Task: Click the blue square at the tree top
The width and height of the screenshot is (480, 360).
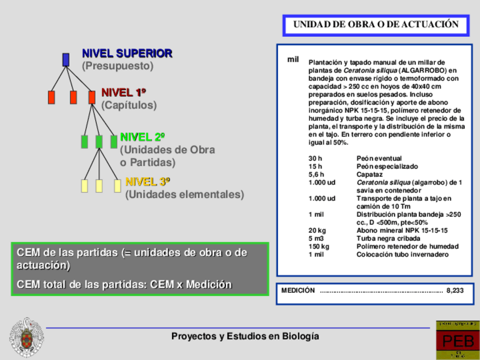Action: pos(66,59)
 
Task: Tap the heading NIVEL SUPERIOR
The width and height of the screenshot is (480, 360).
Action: pos(127,53)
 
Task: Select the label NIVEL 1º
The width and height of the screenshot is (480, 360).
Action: pos(124,92)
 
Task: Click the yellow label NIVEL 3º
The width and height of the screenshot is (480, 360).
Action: pos(148,182)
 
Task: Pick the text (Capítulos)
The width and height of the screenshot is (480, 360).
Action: pos(129,105)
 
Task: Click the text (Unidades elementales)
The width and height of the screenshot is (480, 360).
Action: pos(185,195)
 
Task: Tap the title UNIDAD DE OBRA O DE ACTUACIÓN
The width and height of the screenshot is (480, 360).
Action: pos(376,25)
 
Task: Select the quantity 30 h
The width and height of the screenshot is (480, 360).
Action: pos(315,158)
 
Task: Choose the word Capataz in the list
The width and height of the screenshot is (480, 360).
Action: pos(370,174)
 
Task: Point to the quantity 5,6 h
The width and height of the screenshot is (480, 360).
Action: pos(316,174)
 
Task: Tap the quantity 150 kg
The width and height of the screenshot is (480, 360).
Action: pos(319,246)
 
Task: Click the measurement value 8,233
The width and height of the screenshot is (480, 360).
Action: pos(455,290)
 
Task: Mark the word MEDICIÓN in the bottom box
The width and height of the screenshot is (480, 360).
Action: pos(298,290)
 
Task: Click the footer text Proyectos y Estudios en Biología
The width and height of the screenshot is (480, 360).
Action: pos(245,336)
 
